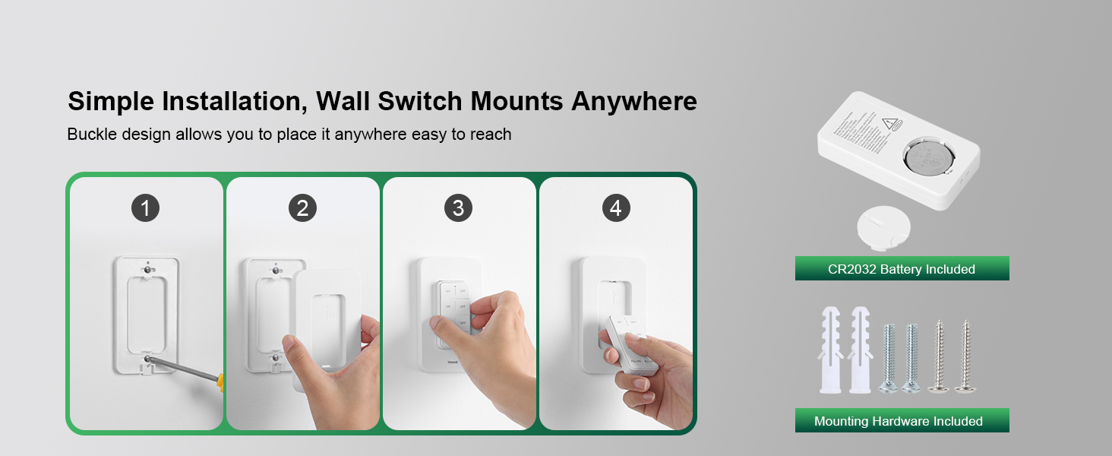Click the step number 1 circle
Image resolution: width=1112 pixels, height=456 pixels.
pyautogui.click(x=145, y=207)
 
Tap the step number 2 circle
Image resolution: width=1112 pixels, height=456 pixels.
pyautogui.click(x=302, y=207)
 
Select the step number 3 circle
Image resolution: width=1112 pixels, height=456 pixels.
pyautogui.click(x=458, y=207)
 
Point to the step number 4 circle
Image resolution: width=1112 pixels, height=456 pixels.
pyautogui.click(x=615, y=207)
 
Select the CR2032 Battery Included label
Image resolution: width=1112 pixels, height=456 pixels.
pyautogui.click(x=902, y=269)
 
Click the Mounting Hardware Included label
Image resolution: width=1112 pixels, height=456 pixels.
pyautogui.click(x=902, y=421)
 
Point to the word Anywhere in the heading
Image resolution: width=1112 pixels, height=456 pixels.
pyautogui.click(x=633, y=101)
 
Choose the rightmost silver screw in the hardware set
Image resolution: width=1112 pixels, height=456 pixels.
pyautogui.click(x=966, y=356)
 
